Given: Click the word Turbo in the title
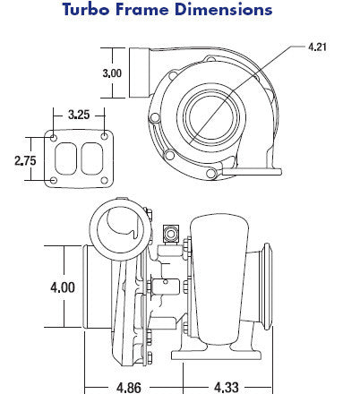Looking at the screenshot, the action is tap(86, 9).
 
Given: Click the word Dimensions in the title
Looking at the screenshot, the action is tap(224, 9).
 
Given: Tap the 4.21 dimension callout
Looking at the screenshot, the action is tap(317, 47).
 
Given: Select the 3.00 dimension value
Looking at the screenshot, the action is tap(112, 73).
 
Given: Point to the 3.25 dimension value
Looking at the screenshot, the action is tap(79, 115).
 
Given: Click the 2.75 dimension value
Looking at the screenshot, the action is tap(25, 160).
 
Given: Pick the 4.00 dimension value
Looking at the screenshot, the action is tap(63, 287).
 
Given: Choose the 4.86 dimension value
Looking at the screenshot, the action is tap(129, 388).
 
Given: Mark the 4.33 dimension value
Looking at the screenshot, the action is tap(227, 388).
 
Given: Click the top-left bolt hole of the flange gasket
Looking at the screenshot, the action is tap(54, 138).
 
